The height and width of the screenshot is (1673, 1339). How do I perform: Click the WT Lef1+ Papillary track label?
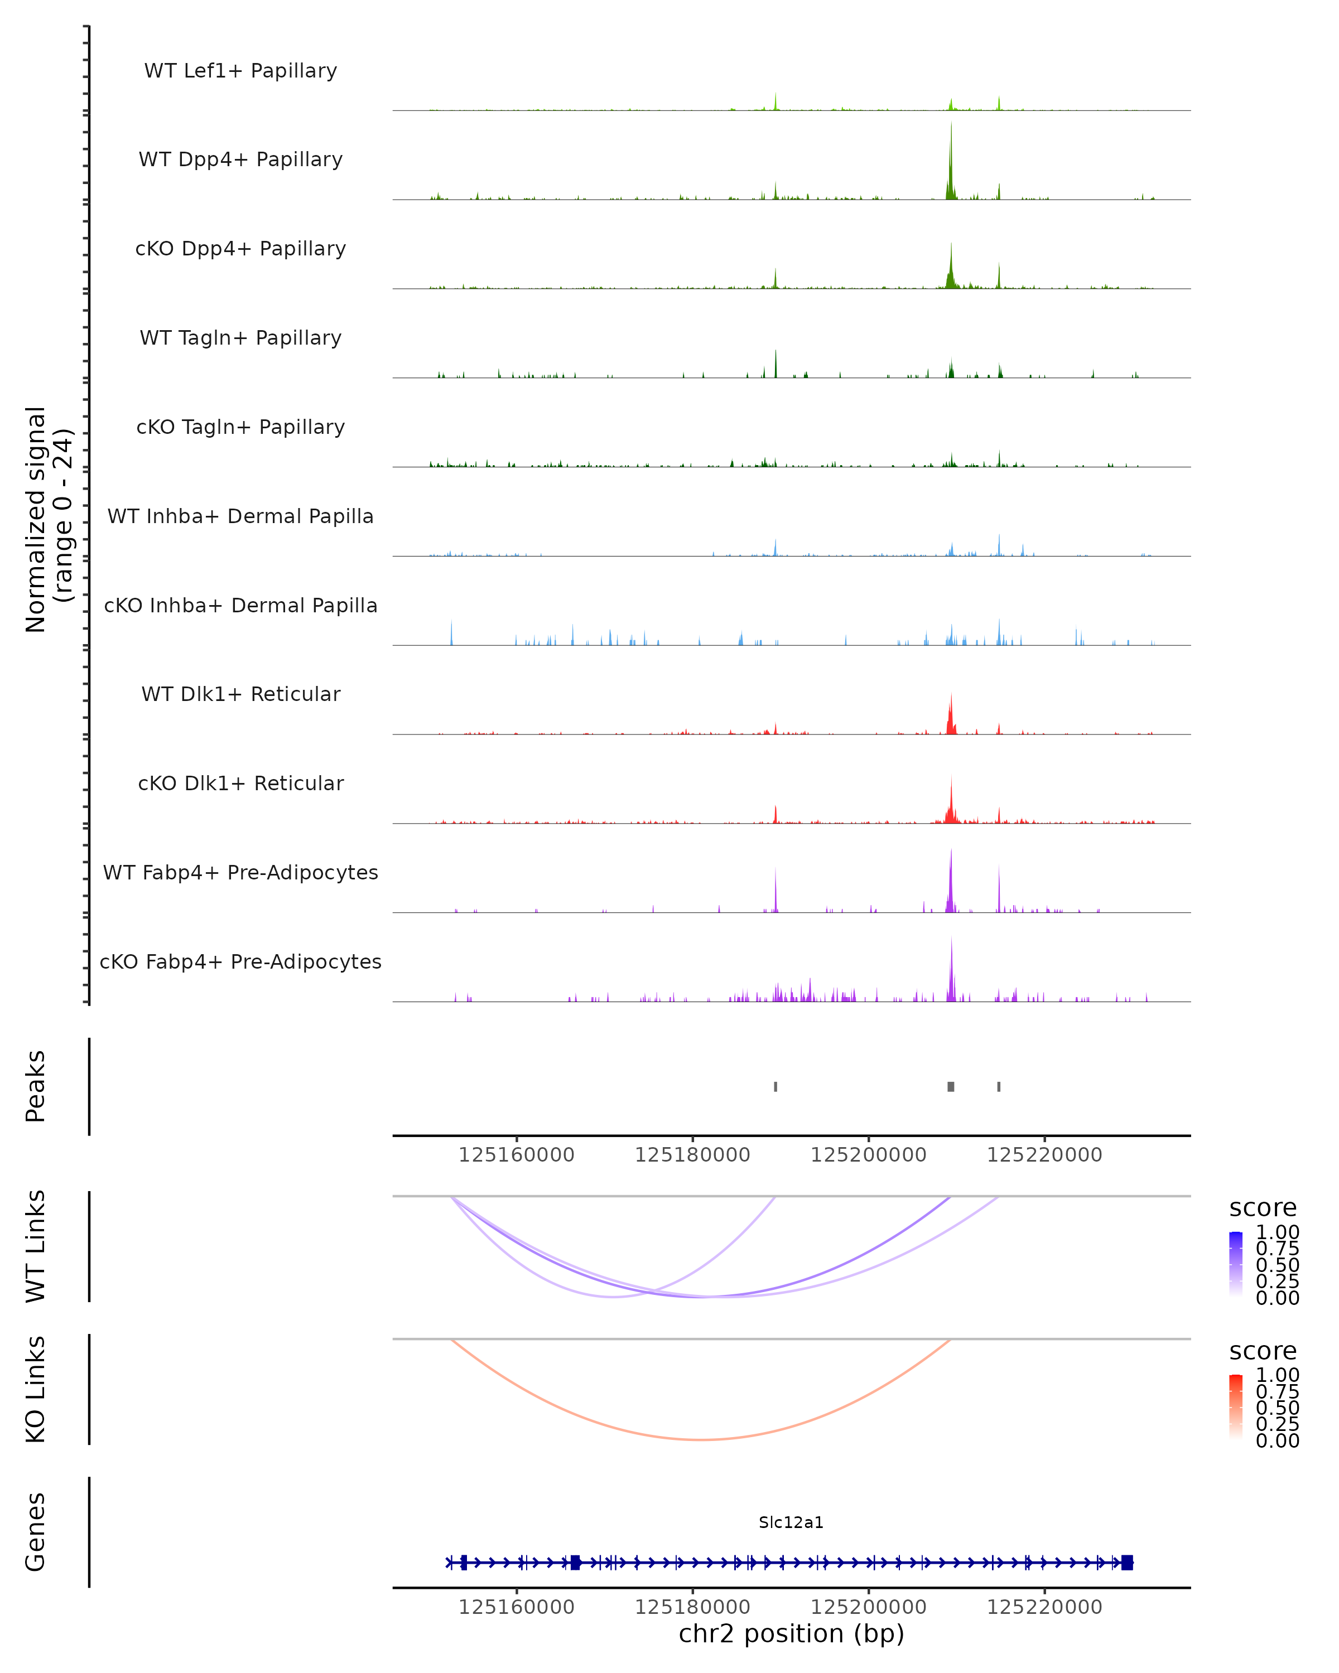pos(240,71)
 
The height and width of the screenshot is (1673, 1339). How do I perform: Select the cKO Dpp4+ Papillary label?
pos(240,249)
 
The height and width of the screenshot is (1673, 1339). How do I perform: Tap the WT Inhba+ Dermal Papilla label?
pos(240,517)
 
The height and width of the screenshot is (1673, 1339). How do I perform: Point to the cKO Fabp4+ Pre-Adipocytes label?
pos(240,962)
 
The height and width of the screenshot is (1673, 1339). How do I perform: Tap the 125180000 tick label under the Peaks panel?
pos(692,1155)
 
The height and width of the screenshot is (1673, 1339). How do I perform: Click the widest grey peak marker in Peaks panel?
pos(951,1086)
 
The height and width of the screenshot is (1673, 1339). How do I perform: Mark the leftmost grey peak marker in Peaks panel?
pos(776,1086)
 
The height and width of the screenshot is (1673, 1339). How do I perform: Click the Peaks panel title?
pos(36,1086)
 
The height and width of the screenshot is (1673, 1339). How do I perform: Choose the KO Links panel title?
pos(36,1389)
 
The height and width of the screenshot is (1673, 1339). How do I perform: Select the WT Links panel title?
pos(36,1246)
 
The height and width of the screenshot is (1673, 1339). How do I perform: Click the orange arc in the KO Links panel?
pos(701,1439)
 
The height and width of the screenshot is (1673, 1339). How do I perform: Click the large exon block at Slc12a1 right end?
pos(1127,1562)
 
